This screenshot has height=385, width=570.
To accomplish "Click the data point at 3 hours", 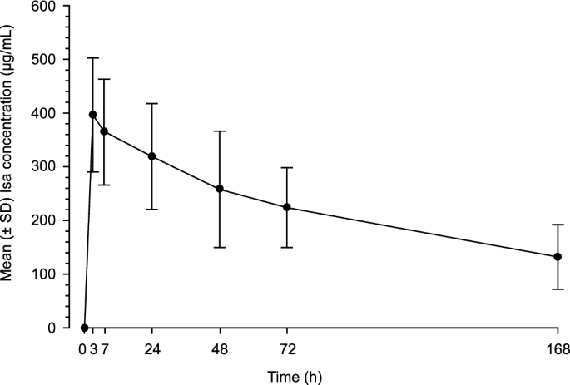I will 92,115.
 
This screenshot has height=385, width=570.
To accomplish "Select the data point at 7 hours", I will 104,131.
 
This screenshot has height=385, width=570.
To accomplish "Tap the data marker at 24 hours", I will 151,156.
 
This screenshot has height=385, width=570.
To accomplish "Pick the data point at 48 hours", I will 220,189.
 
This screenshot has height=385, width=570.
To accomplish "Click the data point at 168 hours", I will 558,257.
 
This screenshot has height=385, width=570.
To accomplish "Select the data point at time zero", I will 84,328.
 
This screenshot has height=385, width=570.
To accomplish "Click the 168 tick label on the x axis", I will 558,348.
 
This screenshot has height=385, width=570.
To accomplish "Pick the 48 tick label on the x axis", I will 220,348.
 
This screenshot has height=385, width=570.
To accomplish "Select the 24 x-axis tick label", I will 151,348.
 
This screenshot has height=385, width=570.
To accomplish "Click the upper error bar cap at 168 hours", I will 558,225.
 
